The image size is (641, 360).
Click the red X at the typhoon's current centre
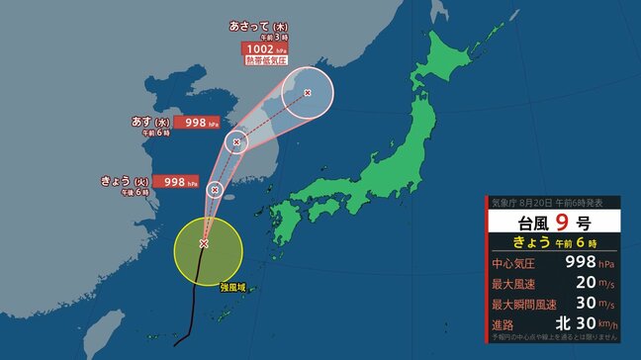[x=204, y=242]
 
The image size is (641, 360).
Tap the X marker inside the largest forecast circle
[x=307, y=93]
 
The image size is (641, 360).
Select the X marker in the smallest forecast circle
[x=215, y=188]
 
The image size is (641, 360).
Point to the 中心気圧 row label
[x=515, y=264]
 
